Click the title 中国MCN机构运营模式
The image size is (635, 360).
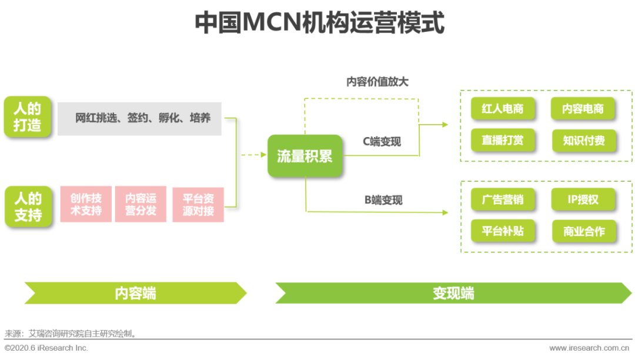tap(319, 22)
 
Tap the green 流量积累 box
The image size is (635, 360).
tap(305, 156)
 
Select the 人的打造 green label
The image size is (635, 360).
tap(28, 117)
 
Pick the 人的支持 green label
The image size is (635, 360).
tap(28, 206)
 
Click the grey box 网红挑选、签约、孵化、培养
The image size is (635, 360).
tap(140, 118)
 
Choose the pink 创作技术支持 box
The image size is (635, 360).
tap(86, 204)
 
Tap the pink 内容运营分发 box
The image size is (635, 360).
tap(141, 204)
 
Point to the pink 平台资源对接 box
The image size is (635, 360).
tap(198, 204)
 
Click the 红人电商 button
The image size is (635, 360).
tap(502, 109)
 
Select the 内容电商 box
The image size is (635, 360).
tap(583, 109)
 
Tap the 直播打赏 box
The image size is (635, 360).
tap(502, 141)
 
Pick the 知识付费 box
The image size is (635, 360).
tap(583, 141)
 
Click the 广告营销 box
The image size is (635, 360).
tap(502, 199)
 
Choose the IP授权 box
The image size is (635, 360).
tap(583, 199)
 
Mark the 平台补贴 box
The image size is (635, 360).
tap(502, 231)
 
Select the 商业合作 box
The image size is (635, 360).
tap(583, 231)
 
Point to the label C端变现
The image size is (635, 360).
tap(382, 141)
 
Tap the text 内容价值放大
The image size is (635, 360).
tap(377, 82)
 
